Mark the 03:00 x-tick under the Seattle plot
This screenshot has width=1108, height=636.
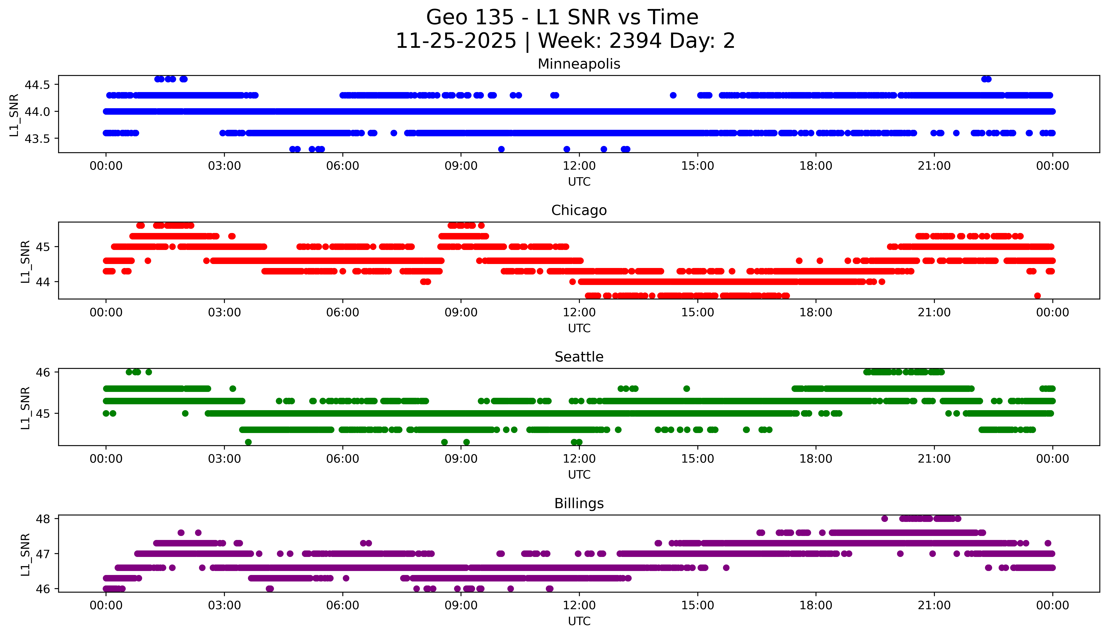click(x=224, y=459)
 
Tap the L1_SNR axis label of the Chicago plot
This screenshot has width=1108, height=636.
click(x=25, y=261)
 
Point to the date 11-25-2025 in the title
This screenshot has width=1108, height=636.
click(x=456, y=41)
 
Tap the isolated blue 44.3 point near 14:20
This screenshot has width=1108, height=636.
click(x=673, y=95)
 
